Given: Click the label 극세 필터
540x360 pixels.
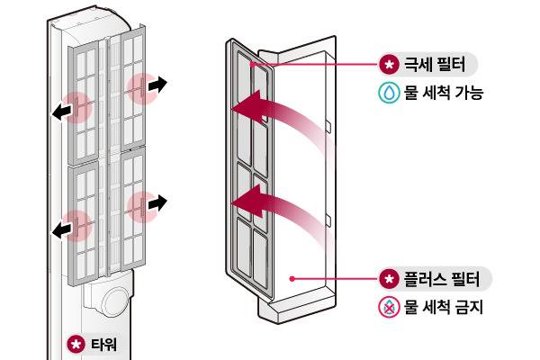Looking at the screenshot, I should [x=436, y=66].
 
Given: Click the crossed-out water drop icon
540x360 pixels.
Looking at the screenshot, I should [x=388, y=307].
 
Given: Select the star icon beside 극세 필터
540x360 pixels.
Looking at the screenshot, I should [x=388, y=66].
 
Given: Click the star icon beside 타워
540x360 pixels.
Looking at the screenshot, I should [x=76, y=344].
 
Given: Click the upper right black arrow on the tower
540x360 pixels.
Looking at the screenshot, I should [x=157, y=85].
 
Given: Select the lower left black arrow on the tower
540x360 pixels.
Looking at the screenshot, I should [x=60, y=230].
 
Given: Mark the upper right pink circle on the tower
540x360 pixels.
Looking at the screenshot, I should [x=142, y=88].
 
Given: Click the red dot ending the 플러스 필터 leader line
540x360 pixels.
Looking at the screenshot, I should [x=292, y=279].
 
